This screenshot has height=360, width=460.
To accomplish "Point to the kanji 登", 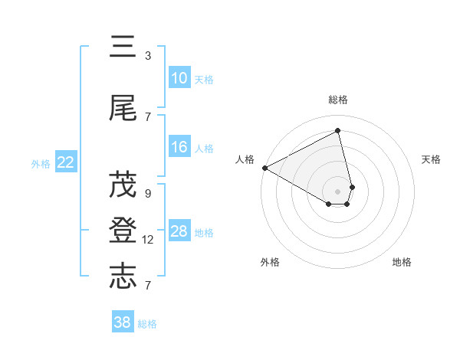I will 123,231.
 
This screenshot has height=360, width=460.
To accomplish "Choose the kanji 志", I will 123,277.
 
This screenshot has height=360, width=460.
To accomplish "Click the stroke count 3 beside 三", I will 148,56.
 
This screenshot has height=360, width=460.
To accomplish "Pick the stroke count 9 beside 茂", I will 148,194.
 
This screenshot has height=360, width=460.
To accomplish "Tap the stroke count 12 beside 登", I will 148,240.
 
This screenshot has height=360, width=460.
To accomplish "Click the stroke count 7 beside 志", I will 148,286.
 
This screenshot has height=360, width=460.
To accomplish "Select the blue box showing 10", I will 179,78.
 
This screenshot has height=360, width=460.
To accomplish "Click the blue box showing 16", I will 179,147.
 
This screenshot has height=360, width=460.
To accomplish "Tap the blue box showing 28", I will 179,231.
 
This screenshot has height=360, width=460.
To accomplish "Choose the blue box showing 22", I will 66,162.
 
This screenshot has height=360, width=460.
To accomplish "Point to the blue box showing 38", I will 123,322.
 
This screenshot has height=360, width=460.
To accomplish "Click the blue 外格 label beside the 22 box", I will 41,163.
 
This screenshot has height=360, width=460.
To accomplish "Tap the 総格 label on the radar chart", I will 338,100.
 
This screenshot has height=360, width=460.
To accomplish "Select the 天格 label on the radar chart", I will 432,159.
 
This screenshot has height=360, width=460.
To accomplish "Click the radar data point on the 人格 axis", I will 264,167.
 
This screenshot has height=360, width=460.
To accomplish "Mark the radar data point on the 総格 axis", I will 338,130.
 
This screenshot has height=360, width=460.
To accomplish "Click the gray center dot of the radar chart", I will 338,190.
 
